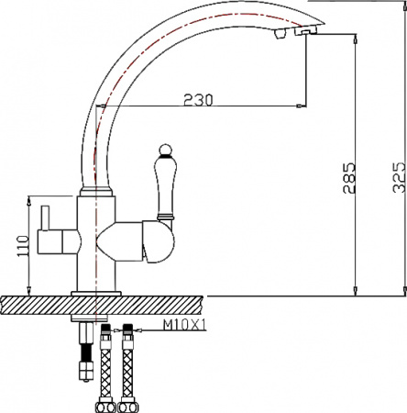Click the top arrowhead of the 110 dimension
pyautogui.click(x=31, y=199)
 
